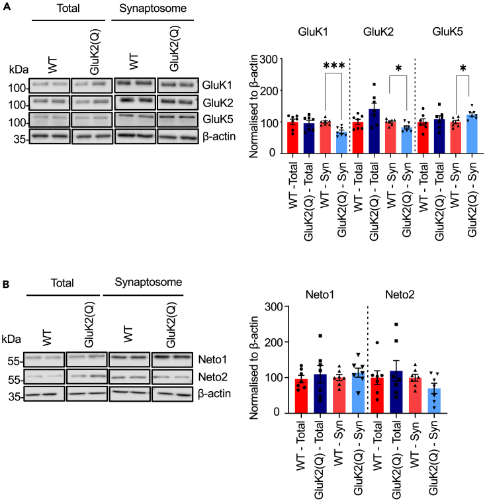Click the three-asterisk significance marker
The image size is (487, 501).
[x=335, y=66]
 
